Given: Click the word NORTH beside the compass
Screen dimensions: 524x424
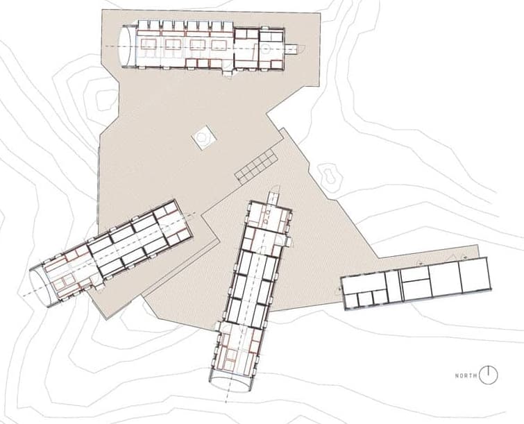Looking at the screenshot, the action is (x=466, y=376).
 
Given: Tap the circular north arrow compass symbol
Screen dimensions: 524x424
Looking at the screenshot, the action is (x=488, y=375).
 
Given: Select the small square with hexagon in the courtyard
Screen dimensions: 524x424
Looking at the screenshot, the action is (x=203, y=137).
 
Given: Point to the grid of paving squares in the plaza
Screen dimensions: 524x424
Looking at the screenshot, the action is (x=255, y=166).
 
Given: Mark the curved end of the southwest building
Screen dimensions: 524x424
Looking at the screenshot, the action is (x=40, y=286).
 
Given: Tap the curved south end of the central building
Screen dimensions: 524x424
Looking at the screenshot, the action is (x=230, y=384).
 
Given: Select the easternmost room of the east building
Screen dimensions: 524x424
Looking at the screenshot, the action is (x=475, y=275).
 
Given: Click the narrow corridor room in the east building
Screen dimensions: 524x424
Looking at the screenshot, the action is (x=394, y=287).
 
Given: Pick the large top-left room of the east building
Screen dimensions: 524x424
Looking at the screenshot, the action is (x=363, y=283).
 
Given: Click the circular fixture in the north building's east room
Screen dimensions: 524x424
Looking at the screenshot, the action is (x=266, y=49).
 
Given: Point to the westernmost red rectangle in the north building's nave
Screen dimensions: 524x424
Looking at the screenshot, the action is (x=148, y=44).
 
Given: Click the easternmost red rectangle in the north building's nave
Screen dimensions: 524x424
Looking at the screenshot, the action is (x=219, y=45).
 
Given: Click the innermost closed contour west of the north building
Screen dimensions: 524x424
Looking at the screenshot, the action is (x=104, y=99).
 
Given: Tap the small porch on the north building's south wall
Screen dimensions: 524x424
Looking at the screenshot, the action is (x=228, y=74).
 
